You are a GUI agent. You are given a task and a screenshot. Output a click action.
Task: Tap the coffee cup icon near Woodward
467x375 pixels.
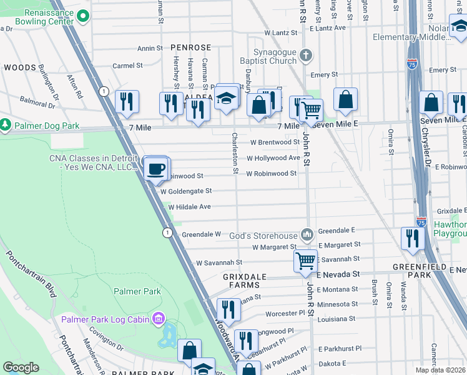click(x=155, y=168)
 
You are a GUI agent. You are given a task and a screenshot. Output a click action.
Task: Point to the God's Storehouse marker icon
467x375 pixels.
click(x=307, y=234)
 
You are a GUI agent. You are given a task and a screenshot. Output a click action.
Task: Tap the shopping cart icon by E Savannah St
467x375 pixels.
click(x=305, y=260)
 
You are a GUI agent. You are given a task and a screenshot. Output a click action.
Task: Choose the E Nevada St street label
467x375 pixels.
click(x=338, y=274)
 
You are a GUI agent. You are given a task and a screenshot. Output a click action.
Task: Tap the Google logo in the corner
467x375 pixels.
click(x=21, y=367)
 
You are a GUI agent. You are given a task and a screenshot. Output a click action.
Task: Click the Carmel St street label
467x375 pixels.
click(x=127, y=66)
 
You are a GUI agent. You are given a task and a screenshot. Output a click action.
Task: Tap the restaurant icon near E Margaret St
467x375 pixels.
click(x=413, y=238)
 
